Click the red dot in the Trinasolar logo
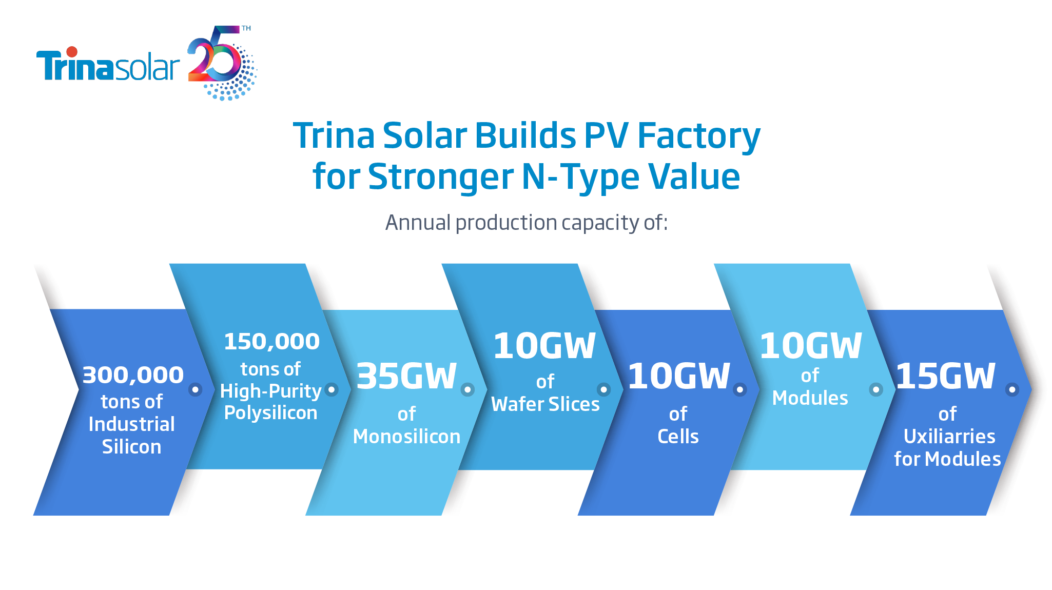pos(72,52)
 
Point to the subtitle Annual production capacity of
pos(526,223)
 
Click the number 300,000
pos(133,375)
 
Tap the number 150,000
pos(271,342)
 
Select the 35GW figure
pos(406,376)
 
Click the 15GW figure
pos(945,376)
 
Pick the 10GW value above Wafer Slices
pos(544,346)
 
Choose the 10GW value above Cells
pos(678,376)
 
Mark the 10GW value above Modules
pos(810,346)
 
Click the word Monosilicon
pos(406,437)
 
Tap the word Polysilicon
pos(270,413)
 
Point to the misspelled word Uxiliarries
pos(949,437)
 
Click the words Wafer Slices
pos(545,404)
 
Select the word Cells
pos(678,437)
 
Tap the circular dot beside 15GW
pos(1012,389)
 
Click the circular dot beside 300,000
pos(195,389)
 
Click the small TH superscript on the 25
pos(246,28)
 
